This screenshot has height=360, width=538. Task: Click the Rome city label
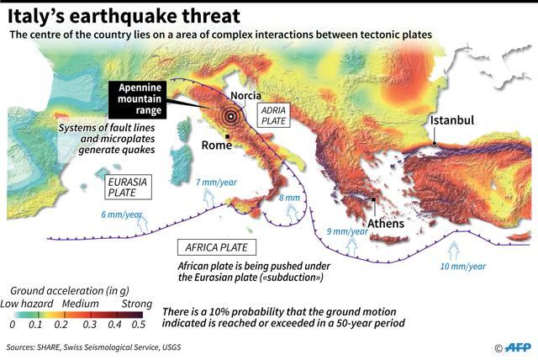217,146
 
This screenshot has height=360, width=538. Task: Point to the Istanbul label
452,120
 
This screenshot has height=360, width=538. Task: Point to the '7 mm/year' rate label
215,183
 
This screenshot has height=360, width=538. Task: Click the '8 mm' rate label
288,199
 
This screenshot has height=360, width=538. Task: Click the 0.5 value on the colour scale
138,324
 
